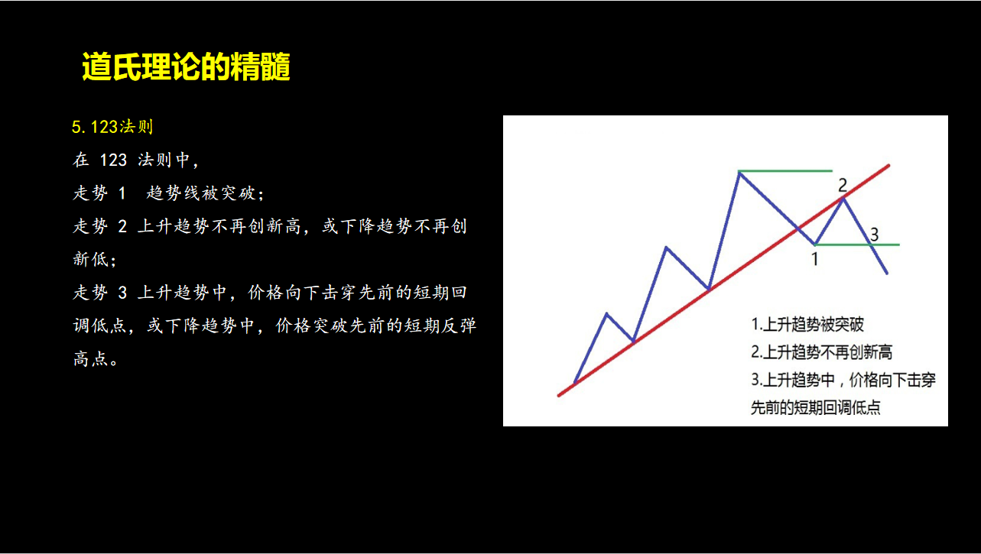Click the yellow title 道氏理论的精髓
click(x=186, y=66)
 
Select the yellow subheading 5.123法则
click(x=112, y=127)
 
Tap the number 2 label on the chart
click(x=843, y=186)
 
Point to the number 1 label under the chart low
click(x=815, y=259)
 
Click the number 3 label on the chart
click(x=874, y=235)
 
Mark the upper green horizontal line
click(x=785, y=170)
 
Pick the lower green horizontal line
click(x=857, y=245)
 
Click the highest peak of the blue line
click(x=739, y=173)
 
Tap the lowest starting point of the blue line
click(x=574, y=384)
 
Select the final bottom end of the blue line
click(x=887, y=274)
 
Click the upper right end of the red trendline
click(x=888, y=165)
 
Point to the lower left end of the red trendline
click(x=559, y=396)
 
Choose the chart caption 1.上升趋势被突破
click(x=807, y=325)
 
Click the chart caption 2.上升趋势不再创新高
click(x=822, y=352)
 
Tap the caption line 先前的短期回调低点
click(x=815, y=407)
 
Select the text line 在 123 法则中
click(x=136, y=160)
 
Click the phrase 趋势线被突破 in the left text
click(x=204, y=193)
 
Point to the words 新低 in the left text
click(x=91, y=259)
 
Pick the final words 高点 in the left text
click(x=91, y=358)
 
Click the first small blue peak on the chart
click(x=606, y=314)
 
